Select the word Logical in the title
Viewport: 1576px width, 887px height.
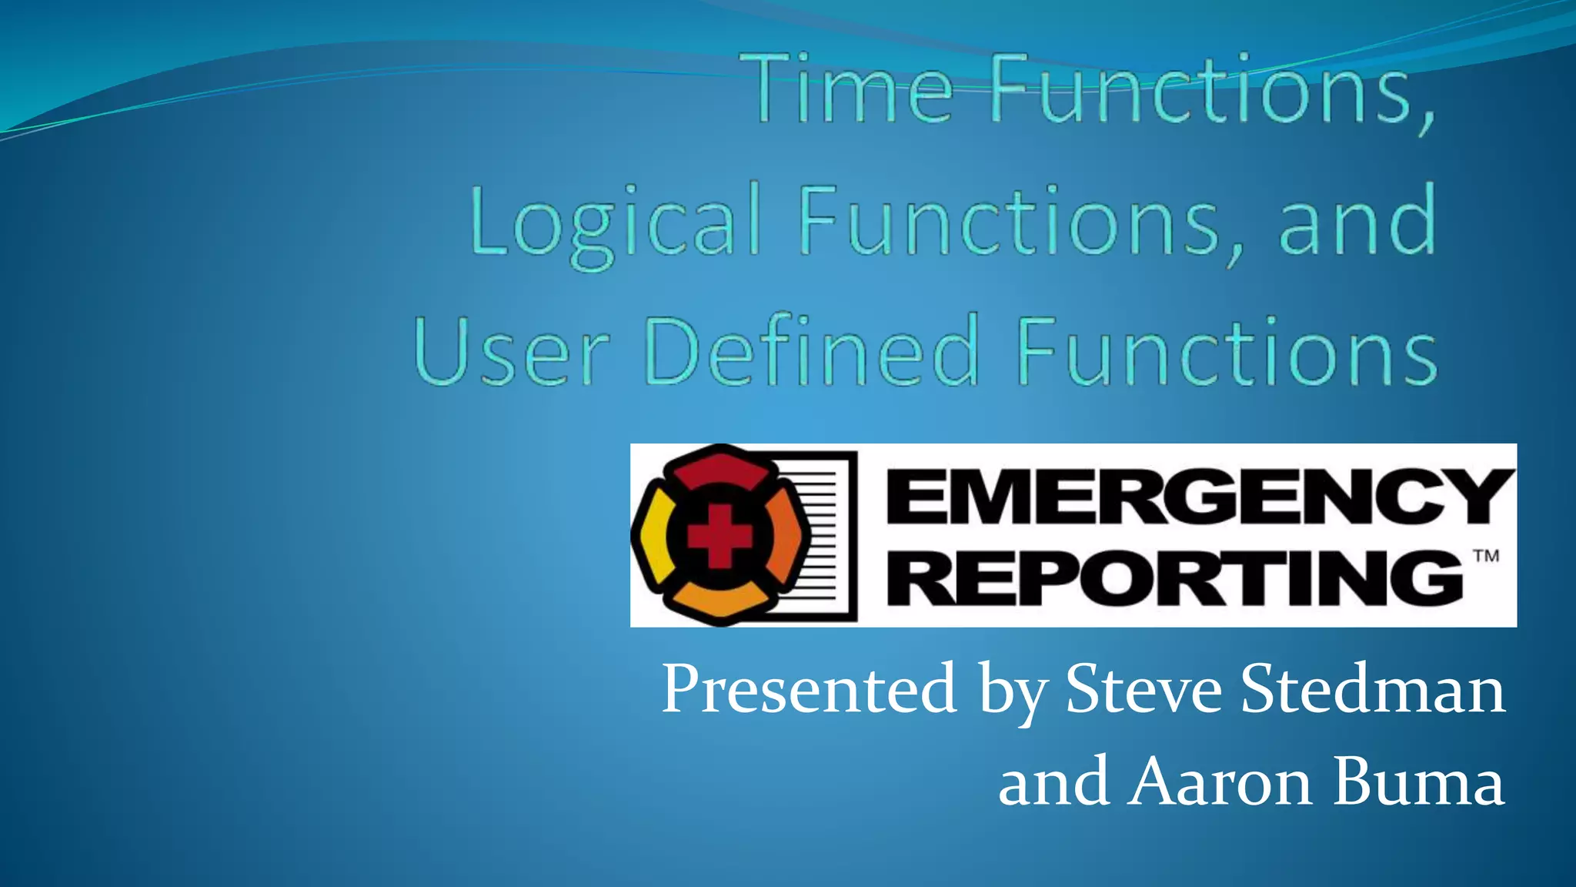[616, 222]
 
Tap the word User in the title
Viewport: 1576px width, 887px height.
[512, 353]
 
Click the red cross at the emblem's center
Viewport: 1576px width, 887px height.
[719, 536]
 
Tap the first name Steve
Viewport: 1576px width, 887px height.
[1144, 689]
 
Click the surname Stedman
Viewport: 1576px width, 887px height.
[1373, 689]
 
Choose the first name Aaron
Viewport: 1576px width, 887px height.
[1220, 782]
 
